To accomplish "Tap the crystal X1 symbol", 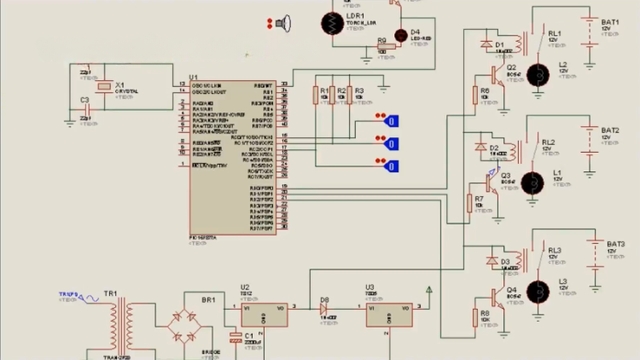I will click(104, 86).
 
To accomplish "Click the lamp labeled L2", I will click(538, 75).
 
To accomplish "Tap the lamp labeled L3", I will click(538, 291).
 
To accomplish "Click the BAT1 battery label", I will click(610, 22).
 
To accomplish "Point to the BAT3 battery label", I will click(616, 243).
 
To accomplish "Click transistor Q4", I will click(498, 299).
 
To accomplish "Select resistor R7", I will click(469, 203).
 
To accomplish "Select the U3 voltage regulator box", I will click(388, 315).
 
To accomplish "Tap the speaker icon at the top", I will click(285, 23).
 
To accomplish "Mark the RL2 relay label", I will click(548, 142).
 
